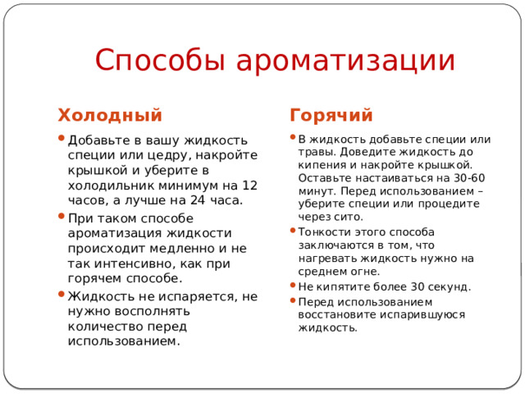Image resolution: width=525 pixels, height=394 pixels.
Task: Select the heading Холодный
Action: [x=108, y=115]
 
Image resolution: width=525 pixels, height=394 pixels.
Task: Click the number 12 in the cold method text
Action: [x=249, y=185]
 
